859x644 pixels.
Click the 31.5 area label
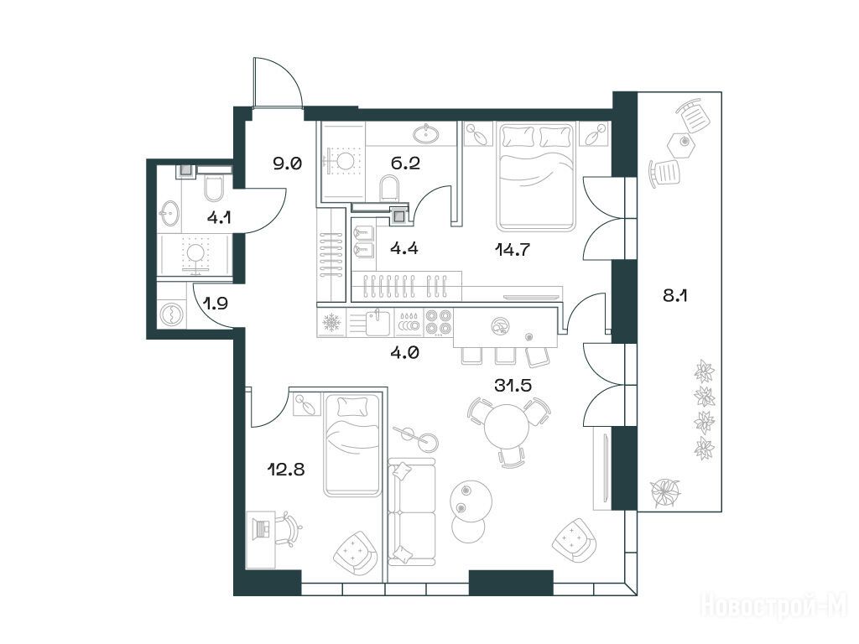(513, 386)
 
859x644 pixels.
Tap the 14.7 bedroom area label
(513, 250)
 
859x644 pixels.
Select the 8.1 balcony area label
(675, 296)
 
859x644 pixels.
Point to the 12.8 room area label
(285, 470)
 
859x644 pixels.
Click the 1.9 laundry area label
(216, 303)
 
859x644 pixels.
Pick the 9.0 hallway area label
(288, 164)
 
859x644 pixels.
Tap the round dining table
(507, 427)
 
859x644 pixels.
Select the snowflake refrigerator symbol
(331, 323)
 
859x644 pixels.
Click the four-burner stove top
(438, 322)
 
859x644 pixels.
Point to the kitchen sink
(377, 322)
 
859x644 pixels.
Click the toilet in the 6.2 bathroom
(390, 187)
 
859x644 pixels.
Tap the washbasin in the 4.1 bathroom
(169, 213)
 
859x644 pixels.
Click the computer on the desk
(261, 528)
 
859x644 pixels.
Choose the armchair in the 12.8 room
(355, 552)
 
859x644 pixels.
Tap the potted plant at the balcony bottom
(665, 491)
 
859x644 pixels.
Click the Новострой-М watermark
(774, 606)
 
